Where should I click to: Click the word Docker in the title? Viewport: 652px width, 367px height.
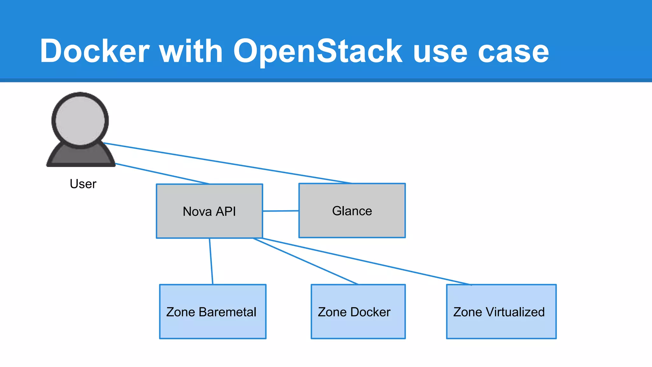pos(95,51)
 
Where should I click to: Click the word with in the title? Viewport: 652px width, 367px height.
pos(191,51)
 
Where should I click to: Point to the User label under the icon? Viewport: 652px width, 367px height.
pos(83,184)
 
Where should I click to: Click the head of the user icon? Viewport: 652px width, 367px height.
pos(80,121)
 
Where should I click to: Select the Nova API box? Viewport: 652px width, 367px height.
pos(209,223)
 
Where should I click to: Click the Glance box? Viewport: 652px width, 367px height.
pos(352,223)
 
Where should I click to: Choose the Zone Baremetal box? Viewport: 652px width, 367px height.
pos(213,325)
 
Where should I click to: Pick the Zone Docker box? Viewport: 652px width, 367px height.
pos(358,325)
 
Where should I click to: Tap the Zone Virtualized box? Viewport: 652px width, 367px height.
pos(501,325)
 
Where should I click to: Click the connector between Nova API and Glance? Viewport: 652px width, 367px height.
pos(280,211)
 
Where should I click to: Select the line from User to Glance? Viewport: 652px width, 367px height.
pos(228,163)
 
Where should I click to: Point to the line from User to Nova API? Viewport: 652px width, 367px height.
pos(162,174)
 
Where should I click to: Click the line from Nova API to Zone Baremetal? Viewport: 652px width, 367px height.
pos(211,261)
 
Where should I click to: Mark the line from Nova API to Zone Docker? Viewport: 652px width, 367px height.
pos(306,261)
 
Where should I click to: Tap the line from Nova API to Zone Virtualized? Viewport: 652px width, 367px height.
pos(366,261)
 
